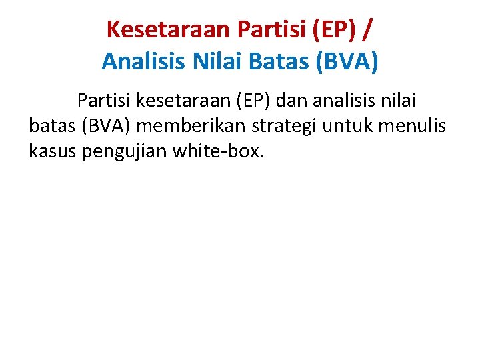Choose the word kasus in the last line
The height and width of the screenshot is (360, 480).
(53, 152)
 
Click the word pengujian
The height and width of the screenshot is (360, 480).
(125, 152)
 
